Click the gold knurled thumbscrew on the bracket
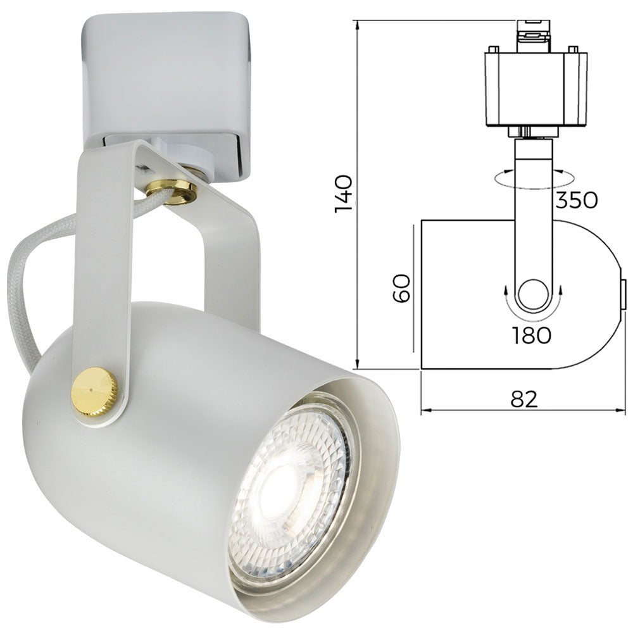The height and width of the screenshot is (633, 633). tap(95, 392)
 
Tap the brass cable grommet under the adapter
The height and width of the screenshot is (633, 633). tap(172, 190)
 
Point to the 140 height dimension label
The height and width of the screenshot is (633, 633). tap(344, 193)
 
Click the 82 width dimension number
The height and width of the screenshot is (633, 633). tap(523, 399)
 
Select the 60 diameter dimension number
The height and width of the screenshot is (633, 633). tap(403, 289)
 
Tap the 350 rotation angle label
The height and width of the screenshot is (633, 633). tap(576, 200)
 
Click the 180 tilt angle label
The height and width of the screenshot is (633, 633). tap(532, 335)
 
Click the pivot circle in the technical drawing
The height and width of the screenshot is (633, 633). tap(533, 294)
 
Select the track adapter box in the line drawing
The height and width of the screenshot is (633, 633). tap(536, 89)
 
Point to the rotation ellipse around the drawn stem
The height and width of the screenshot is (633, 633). tap(500, 180)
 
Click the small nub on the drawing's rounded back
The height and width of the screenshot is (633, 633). tap(623, 294)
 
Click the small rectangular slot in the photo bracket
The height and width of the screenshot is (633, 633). tap(145, 169)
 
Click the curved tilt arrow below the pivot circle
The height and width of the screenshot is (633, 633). tap(533, 316)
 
